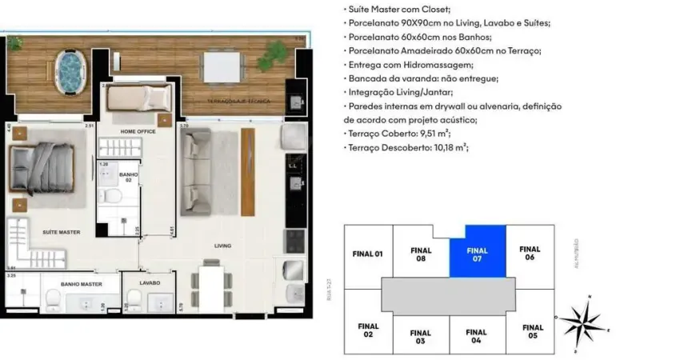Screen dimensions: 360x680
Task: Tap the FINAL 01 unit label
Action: [368, 254]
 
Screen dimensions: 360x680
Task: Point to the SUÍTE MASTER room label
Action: [62, 232]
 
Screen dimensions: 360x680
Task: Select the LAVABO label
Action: [150, 282]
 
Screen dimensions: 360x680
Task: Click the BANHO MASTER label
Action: [80, 282]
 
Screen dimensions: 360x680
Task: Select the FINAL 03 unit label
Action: [421, 337]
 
